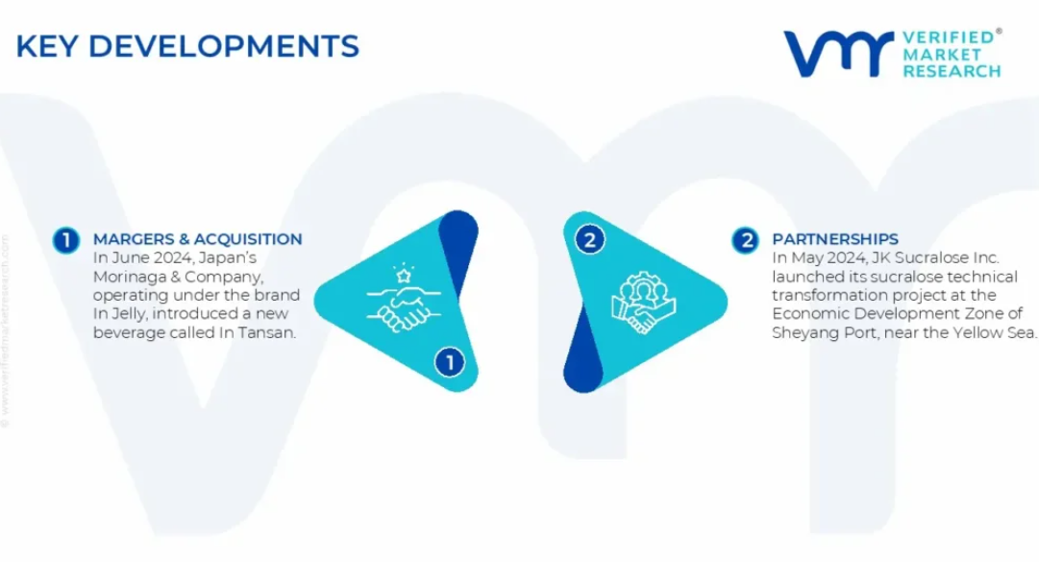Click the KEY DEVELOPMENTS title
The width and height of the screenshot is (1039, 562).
point(187,46)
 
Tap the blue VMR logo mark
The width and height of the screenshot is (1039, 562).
point(839,53)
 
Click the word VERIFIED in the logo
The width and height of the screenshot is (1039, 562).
point(949,37)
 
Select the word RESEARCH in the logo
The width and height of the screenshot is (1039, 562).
point(952,71)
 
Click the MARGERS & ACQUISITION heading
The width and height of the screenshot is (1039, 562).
point(197,239)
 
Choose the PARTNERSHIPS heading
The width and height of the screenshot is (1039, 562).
point(835,239)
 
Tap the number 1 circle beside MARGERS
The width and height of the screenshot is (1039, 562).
point(66,240)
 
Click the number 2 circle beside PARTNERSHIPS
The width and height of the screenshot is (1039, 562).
point(746,240)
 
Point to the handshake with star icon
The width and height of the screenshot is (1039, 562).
point(404,299)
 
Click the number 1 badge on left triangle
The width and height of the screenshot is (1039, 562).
point(449,362)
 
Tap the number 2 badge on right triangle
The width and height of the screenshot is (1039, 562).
point(590,239)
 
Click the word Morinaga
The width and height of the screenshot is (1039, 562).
point(123,277)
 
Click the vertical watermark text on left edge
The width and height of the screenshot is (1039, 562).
point(6,331)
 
